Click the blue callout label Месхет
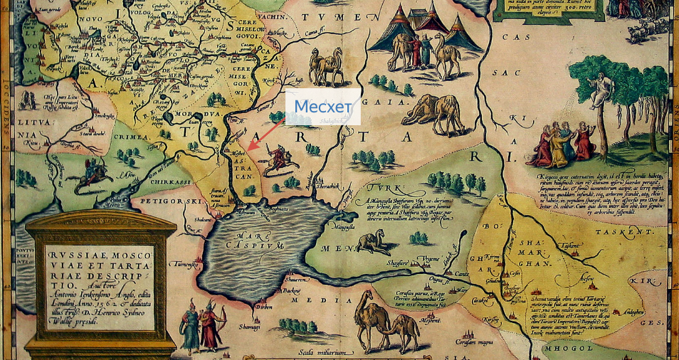322,107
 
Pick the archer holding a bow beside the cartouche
211,324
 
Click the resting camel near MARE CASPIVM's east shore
373,243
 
